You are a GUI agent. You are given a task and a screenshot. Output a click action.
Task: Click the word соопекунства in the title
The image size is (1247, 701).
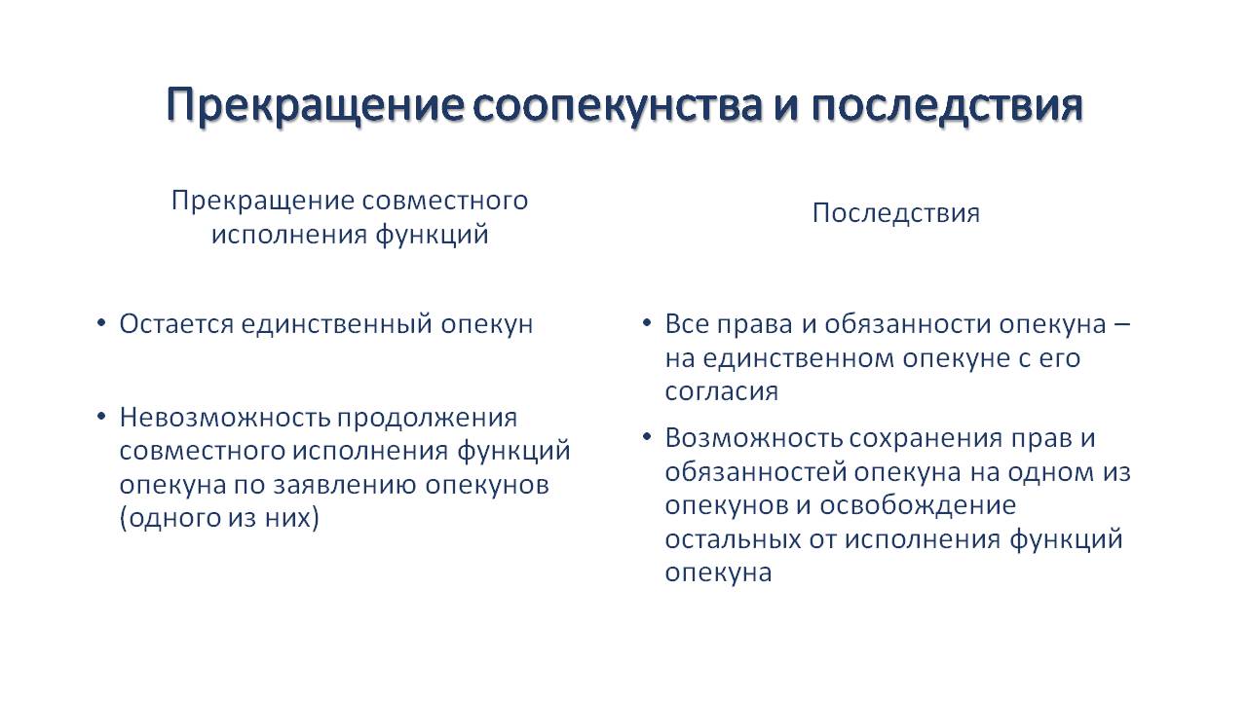coord(618,104)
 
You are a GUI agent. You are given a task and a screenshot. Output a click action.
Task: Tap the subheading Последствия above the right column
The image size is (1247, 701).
coord(895,213)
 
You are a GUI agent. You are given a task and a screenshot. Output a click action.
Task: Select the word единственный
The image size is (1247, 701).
coord(337,325)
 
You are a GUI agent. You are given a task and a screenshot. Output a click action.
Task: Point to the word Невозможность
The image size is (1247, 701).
coord(224,418)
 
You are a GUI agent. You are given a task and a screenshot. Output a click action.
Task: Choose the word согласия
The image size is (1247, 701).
coord(722,392)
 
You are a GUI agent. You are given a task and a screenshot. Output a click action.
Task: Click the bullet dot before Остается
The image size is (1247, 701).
coord(100,323)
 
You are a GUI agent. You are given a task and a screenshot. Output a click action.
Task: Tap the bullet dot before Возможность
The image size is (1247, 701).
coord(646,437)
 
